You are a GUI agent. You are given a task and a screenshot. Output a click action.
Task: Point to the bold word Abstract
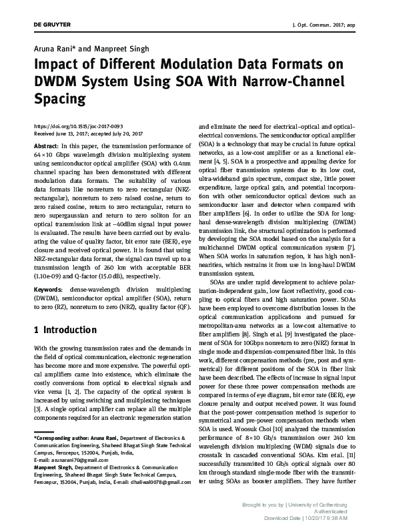pyautogui.click(x=45, y=145)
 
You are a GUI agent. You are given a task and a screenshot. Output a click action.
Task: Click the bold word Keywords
pyautogui.click(x=47, y=270)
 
